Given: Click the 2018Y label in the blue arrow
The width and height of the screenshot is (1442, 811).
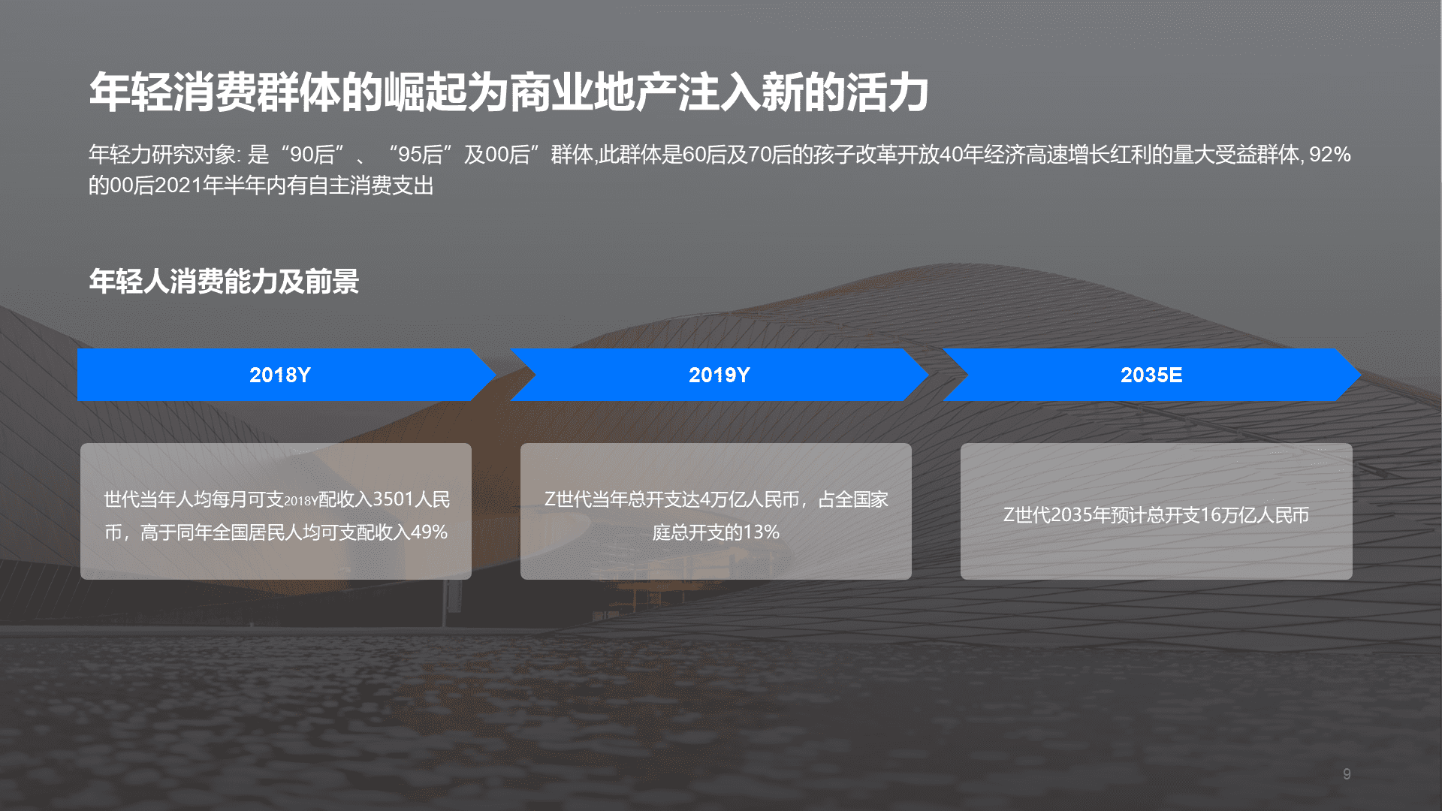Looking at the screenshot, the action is pyautogui.click(x=279, y=375).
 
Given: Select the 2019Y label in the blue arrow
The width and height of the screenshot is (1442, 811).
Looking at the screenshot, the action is pyautogui.click(x=719, y=375).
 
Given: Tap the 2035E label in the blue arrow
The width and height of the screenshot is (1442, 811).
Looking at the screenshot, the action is pyautogui.click(x=1151, y=375).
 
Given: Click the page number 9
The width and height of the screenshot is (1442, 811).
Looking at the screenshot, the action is pyautogui.click(x=1347, y=774).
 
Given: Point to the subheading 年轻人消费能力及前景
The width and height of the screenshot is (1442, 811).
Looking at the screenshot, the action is pyautogui.click(x=224, y=282).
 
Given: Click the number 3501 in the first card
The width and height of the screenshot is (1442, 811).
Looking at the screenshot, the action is pyautogui.click(x=393, y=499).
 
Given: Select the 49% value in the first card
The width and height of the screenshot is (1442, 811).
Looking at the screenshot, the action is pyautogui.click(x=429, y=532).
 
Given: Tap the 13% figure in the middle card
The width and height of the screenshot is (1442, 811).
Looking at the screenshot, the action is pyautogui.click(x=761, y=532).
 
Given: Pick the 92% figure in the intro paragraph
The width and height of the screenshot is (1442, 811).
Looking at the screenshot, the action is pyautogui.click(x=1330, y=155).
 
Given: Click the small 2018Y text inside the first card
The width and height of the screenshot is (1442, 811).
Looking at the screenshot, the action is pyautogui.click(x=301, y=502).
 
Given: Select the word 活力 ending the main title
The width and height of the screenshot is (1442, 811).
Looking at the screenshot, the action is pyautogui.click(x=888, y=93).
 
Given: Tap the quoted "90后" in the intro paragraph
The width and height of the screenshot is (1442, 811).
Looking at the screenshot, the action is pyautogui.click(x=312, y=155).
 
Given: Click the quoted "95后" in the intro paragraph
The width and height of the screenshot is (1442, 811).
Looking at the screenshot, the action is pyautogui.click(x=421, y=155).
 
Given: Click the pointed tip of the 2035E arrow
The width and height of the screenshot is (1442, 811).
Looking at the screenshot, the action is pyautogui.click(x=1360, y=374).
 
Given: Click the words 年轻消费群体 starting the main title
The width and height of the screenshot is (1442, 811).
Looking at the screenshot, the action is pyautogui.click(x=215, y=93).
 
